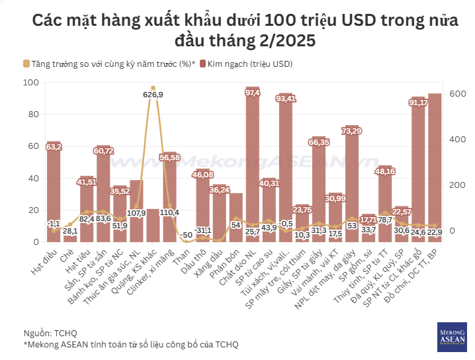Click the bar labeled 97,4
point(253,165)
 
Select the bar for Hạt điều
point(54,192)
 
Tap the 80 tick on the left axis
point(31,114)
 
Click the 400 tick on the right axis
point(457,140)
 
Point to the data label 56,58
point(170,157)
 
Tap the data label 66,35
point(319,142)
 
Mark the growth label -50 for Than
point(187,235)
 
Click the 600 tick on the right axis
point(457,94)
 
